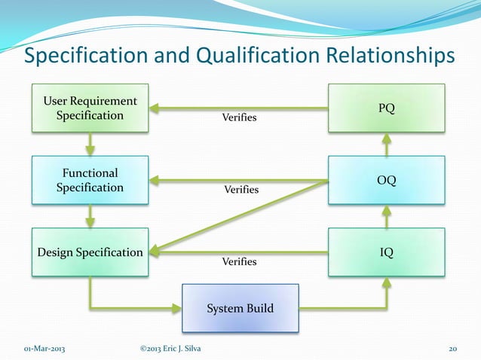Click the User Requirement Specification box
[x=90, y=108]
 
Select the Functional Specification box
[x=90, y=180]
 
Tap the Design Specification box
[x=90, y=252]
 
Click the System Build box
[x=240, y=308]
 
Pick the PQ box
[x=386, y=108]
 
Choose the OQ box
[x=386, y=180]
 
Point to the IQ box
[x=386, y=252]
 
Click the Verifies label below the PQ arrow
[x=238, y=118]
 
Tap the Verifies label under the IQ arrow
[x=238, y=262]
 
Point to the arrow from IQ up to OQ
[x=386, y=217]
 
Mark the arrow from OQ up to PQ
[x=386, y=145]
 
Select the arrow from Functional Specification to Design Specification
[x=90, y=217]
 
